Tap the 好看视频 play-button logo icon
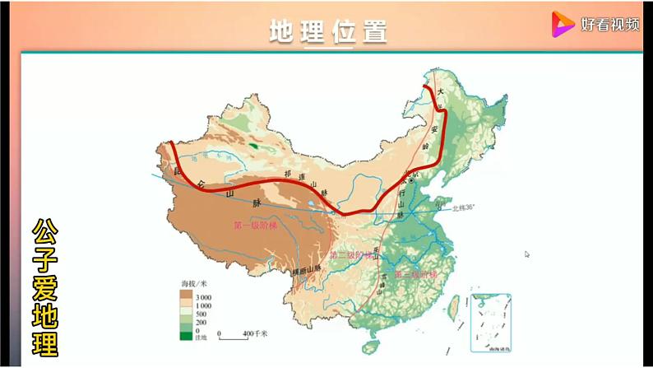click(563, 25)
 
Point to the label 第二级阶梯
click(356, 255)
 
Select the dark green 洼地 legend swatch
click(186, 336)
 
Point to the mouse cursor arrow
click(526, 254)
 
